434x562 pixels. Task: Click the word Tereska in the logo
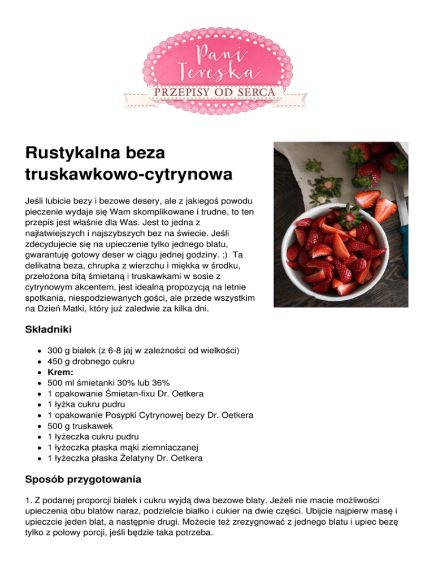tap(217, 72)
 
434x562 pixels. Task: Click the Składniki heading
tap(48, 328)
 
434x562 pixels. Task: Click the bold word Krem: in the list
tap(62, 372)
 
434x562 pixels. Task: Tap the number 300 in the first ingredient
tap(55, 351)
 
